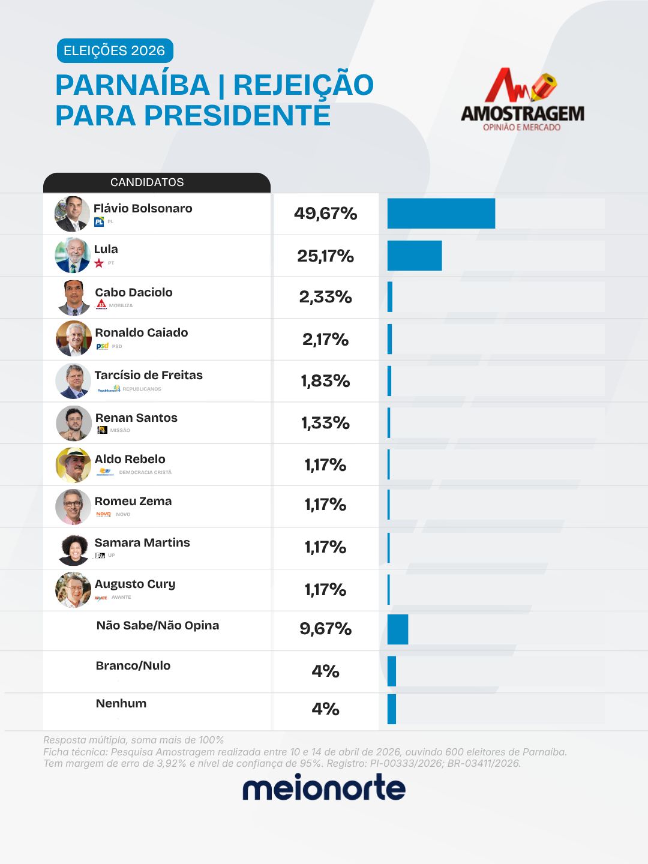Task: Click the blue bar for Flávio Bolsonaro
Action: pyautogui.click(x=441, y=214)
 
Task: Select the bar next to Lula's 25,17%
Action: pyautogui.click(x=414, y=256)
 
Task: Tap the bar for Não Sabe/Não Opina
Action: pyautogui.click(x=397, y=629)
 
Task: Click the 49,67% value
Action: pyautogui.click(x=325, y=214)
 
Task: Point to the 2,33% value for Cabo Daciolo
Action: pyautogui.click(x=325, y=297)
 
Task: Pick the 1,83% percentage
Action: pyautogui.click(x=325, y=381)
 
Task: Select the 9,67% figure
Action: pyautogui.click(x=325, y=629)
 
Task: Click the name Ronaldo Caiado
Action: pyautogui.click(x=141, y=332)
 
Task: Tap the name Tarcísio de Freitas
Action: pyautogui.click(x=148, y=375)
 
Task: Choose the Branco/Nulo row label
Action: pyautogui.click(x=133, y=665)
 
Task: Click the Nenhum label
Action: pyautogui.click(x=121, y=703)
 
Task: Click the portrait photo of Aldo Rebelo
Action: pyautogui.click(x=73, y=465)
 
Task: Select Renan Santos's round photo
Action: pyautogui.click(x=73, y=423)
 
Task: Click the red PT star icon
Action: pyautogui.click(x=99, y=263)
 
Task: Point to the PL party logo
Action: pyautogui.click(x=99, y=222)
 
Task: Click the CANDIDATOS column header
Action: pyautogui.click(x=147, y=182)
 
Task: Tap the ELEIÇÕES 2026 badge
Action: pyautogui.click(x=115, y=51)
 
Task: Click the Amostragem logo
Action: pyautogui.click(x=522, y=100)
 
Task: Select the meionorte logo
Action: pyautogui.click(x=324, y=788)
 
